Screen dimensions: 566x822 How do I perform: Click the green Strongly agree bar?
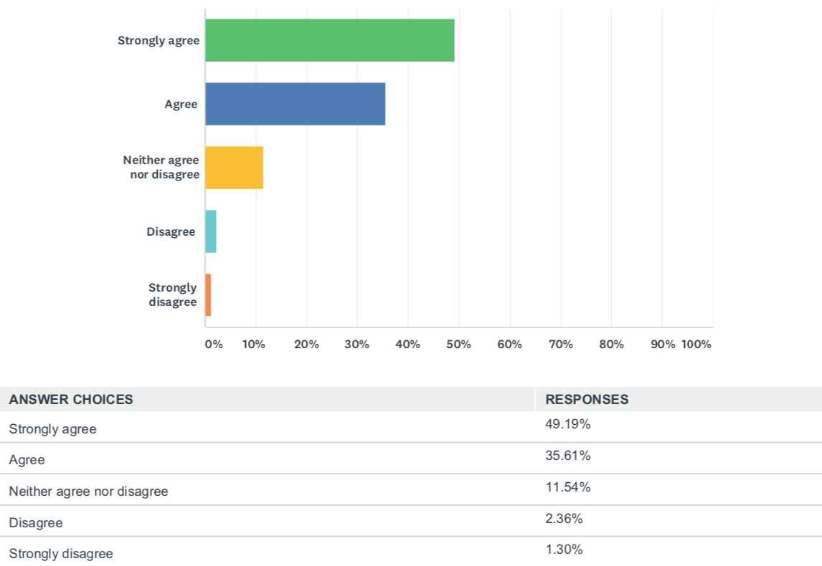[x=330, y=40]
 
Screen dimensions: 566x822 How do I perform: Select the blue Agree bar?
[x=295, y=104]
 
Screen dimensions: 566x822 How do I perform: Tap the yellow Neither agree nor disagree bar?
[x=234, y=168]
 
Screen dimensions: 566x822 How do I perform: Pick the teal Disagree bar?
[x=211, y=231]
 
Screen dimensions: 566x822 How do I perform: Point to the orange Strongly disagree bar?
[x=208, y=294]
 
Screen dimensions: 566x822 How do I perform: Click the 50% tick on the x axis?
[x=459, y=344]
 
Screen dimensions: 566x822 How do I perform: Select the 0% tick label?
[x=214, y=344]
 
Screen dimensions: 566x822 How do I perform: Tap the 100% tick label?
[x=696, y=344]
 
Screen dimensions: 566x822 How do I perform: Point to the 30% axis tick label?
[x=357, y=344]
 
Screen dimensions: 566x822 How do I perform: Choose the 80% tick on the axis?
[x=611, y=344]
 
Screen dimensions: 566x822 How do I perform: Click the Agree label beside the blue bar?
[x=181, y=104]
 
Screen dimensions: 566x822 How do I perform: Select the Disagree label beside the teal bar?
[x=171, y=231]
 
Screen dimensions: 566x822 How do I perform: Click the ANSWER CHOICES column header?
[x=71, y=400]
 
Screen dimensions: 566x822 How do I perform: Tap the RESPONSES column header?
[x=587, y=400]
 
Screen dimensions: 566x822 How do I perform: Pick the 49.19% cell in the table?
[x=567, y=424]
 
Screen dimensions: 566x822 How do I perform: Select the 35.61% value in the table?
[x=567, y=456]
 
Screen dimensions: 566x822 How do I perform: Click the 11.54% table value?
[x=567, y=487]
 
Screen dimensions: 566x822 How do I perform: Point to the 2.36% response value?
[x=564, y=519]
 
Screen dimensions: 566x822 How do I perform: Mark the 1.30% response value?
[x=564, y=550]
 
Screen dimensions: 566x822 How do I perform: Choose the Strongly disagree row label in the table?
[x=61, y=554]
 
